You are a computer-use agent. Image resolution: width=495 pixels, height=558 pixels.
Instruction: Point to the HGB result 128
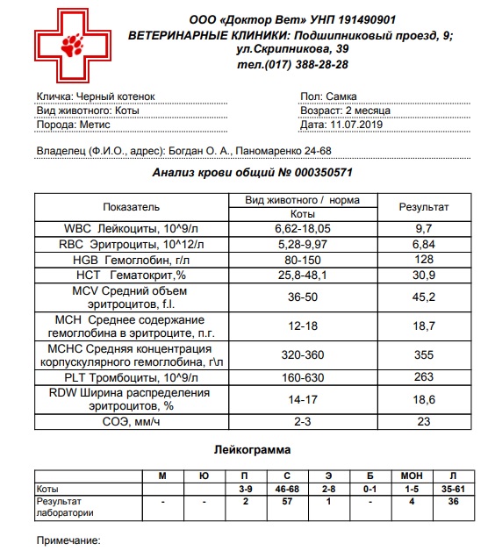(x=423, y=260)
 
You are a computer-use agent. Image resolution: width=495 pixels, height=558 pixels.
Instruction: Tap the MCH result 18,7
(x=423, y=325)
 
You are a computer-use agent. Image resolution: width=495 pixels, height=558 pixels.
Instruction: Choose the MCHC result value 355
(x=423, y=355)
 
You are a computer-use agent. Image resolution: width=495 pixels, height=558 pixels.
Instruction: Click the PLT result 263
(x=423, y=378)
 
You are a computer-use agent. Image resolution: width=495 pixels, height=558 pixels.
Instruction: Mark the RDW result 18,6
(x=423, y=399)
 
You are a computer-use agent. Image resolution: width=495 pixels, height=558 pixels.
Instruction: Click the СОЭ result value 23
(x=423, y=421)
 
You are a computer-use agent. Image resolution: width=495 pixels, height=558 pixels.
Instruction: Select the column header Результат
(x=423, y=207)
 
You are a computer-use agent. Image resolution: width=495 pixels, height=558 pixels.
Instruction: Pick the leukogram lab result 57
(x=286, y=502)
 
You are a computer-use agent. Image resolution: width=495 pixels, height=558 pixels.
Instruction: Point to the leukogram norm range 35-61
(x=452, y=489)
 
